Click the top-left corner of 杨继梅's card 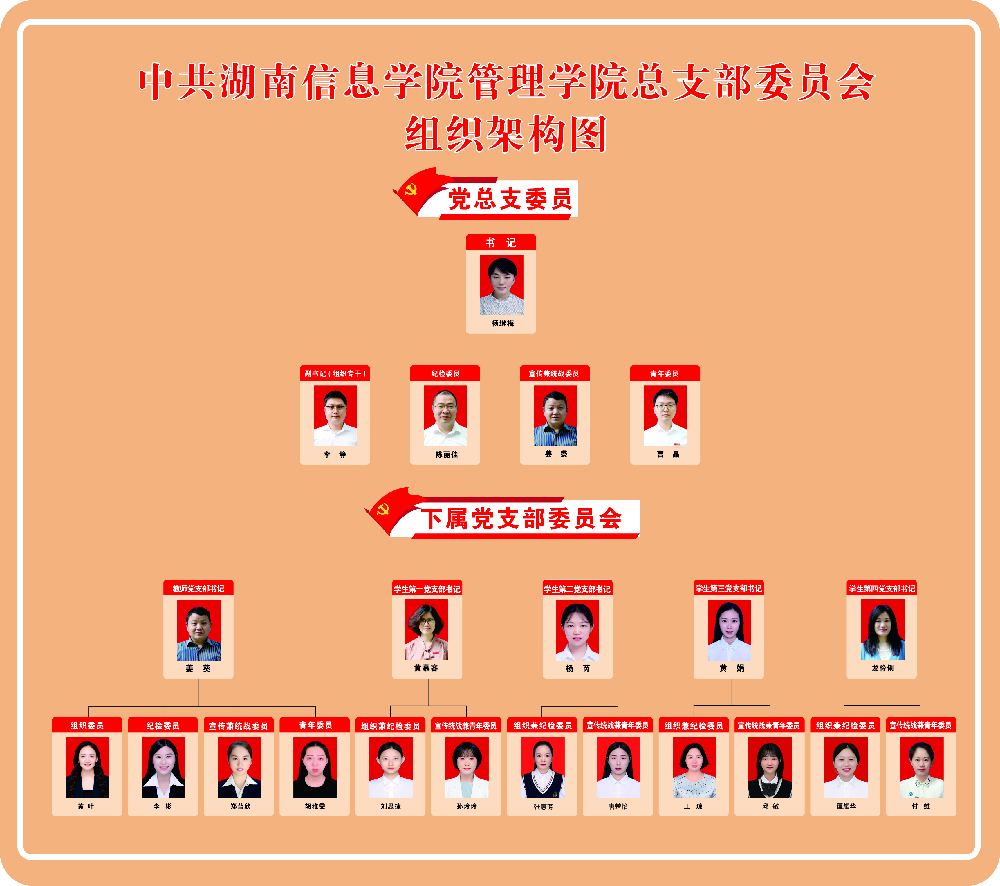coord(466,235)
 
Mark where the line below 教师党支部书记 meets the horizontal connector coord(198,706)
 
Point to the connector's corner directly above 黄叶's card coord(88,706)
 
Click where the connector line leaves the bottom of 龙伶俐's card coord(882,679)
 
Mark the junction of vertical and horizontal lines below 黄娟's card coord(732,705)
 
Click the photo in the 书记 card coord(501,285)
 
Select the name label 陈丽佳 coord(447,454)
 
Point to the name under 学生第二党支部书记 coord(578,668)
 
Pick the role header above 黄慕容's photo coord(427,589)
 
